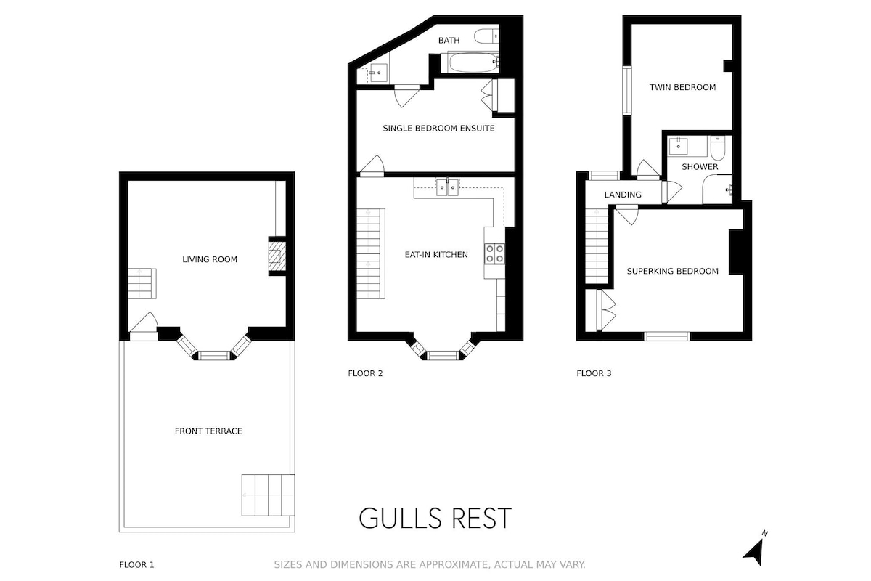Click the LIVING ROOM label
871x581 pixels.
coord(210,259)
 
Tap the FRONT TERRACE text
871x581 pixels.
coord(208,431)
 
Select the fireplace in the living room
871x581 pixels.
coord(277,256)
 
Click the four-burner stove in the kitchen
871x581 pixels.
coord(494,253)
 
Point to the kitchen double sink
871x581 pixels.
coord(447,187)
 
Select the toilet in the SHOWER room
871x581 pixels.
coord(718,148)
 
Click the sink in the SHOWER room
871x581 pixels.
coord(679,146)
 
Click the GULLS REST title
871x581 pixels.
coord(435,519)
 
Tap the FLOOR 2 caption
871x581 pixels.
coord(365,373)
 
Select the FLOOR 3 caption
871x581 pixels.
coord(594,373)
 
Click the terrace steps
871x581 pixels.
coord(268,495)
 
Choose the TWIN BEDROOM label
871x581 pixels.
coord(682,87)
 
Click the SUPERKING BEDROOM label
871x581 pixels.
coord(673,271)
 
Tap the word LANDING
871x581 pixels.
coord(623,195)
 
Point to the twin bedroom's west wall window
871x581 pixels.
coord(627,91)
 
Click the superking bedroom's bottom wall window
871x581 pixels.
coord(667,336)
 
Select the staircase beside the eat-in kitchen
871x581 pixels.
coord(371,253)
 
